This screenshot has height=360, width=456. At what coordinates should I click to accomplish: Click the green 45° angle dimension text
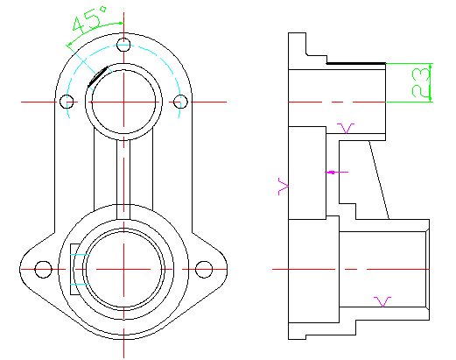[x=89, y=19]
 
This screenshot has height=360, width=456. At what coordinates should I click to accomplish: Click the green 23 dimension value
[x=421, y=82]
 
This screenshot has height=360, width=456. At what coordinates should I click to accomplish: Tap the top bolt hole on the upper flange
[x=123, y=45]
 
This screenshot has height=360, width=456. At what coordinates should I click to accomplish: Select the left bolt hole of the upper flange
[x=67, y=102]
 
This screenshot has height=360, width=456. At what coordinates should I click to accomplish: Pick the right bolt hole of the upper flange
[x=180, y=102]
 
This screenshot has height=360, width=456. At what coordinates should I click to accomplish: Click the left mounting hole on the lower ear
[x=43, y=269]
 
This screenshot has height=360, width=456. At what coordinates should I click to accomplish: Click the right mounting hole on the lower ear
[x=204, y=269]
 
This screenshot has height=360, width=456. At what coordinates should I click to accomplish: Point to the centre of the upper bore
[x=123, y=102]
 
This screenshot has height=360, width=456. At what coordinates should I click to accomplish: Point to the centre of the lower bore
[x=123, y=269]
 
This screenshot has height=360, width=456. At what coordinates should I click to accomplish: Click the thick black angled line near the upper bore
[x=98, y=77]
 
